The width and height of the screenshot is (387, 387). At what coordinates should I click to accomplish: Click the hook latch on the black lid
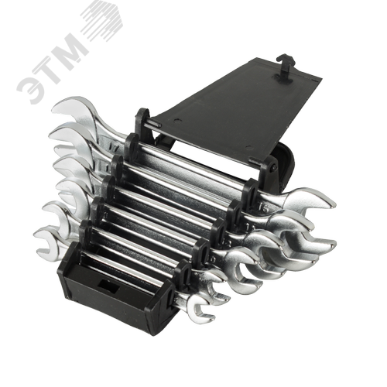click(x=285, y=67)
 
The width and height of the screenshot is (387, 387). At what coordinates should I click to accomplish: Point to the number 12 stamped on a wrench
click(x=226, y=243)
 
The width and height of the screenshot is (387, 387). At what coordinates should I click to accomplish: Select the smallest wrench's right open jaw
click(x=200, y=309)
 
